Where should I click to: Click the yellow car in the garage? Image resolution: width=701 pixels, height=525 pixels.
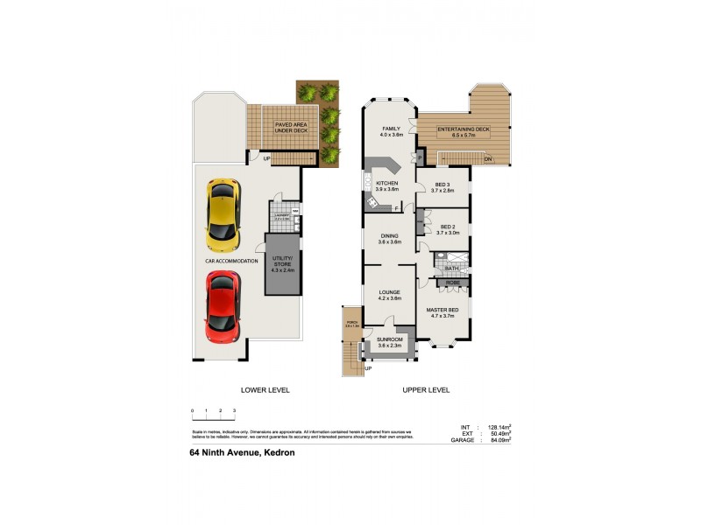(x=223, y=213)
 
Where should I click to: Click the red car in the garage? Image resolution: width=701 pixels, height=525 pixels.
(x=223, y=307)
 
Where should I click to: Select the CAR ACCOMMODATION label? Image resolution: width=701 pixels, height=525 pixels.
(x=231, y=261)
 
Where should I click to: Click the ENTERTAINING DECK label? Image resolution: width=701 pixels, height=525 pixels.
(x=464, y=132)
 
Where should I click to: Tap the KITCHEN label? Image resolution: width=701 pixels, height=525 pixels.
(x=386, y=186)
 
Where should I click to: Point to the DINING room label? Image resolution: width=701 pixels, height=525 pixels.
(x=389, y=238)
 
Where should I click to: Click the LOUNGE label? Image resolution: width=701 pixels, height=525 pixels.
(x=389, y=295)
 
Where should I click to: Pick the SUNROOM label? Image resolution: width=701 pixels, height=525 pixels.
(x=389, y=342)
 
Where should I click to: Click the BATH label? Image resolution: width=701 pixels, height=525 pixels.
(x=451, y=269)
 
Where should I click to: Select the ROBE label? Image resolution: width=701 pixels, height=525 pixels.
(x=453, y=283)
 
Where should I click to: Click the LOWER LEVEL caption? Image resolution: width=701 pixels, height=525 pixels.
(x=265, y=389)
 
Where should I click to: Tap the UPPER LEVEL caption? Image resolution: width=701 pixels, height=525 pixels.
(x=426, y=389)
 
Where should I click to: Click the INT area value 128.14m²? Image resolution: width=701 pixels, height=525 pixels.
(x=497, y=427)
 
